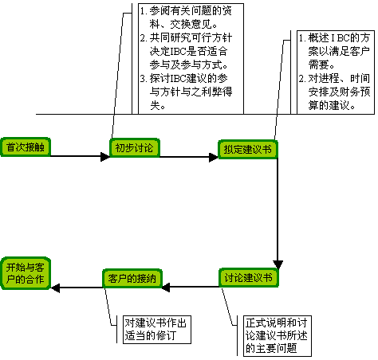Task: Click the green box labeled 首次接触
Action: (x=26, y=147)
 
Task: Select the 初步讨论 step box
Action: (x=135, y=148)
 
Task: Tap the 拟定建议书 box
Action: (x=248, y=150)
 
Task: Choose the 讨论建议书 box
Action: (x=249, y=278)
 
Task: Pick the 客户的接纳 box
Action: (x=132, y=279)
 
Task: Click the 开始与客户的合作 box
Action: (x=26, y=273)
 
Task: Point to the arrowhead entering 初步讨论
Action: (x=105, y=156)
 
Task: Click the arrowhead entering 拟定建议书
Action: (x=214, y=157)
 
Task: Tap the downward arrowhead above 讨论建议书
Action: (x=278, y=264)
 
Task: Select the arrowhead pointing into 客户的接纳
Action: (x=166, y=288)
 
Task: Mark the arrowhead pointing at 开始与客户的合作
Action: (x=55, y=288)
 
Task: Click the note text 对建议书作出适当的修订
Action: (x=156, y=330)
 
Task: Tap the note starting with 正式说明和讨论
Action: (x=277, y=335)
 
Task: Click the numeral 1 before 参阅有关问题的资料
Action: (x=143, y=11)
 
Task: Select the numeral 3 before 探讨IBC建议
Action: (x=143, y=79)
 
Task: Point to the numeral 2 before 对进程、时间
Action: (x=301, y=79)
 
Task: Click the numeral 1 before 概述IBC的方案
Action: (x=301, y=38)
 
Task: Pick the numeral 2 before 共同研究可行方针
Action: (x=143, y=38)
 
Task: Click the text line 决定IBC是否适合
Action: (x=188, y=51)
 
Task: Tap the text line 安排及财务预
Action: (x=339, y=92)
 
